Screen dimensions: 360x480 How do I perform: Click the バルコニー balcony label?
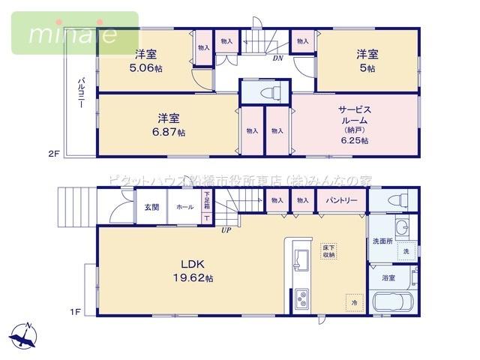tap(79, 94)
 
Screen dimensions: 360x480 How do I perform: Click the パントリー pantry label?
tap(340, 200)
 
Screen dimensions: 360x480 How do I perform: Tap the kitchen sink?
tap(301, 257)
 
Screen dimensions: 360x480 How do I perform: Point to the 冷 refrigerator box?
tap(354, 303)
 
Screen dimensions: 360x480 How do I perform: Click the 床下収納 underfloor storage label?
tap(328, 250)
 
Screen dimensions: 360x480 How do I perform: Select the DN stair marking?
tap(277, 58)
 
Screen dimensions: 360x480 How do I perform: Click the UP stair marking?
tap(226, 229)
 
